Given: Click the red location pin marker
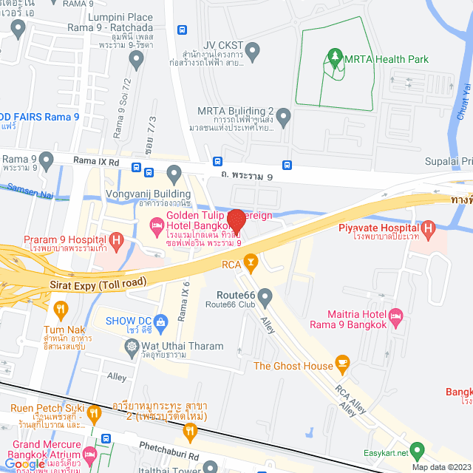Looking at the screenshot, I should pos(236,220).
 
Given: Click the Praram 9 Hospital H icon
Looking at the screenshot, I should pos(115,240).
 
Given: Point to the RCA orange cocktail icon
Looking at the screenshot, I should pos(251,262).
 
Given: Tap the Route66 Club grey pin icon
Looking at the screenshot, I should pos(265,296).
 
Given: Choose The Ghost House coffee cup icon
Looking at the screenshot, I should pos(342,363).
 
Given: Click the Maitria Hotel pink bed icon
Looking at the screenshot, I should pos(395,316).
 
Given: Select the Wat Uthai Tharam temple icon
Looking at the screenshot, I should pos(132,345).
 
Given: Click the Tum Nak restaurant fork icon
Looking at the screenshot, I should pos(60,308).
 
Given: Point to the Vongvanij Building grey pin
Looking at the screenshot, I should pos(174,174).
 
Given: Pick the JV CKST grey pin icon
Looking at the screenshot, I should pos(253,52).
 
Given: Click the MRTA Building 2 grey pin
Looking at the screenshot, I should pos(283,117).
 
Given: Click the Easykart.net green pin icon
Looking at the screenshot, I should pos(418,449).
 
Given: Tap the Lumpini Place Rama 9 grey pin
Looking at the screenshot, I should pos(18,29).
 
